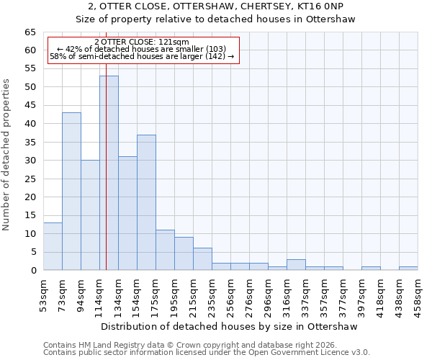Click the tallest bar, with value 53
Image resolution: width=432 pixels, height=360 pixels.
click(109, 173)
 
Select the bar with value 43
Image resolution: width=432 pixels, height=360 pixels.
click(71, 191)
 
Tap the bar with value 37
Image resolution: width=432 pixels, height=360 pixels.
click(146, 202)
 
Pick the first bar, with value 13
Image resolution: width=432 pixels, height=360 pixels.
click(53, 246)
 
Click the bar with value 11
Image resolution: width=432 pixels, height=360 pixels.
click(165, 250)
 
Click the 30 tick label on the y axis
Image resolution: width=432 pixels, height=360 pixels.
click(30, 161)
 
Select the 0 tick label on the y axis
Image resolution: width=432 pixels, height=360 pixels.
click(33, 271)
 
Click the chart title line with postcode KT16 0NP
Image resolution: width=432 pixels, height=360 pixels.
click(216, 6)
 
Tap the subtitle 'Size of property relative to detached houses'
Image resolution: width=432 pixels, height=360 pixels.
click(216, 19)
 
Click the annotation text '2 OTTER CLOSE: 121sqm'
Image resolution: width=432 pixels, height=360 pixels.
click(141, 42)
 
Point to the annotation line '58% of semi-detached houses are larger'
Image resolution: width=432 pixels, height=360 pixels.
click(141, 56)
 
